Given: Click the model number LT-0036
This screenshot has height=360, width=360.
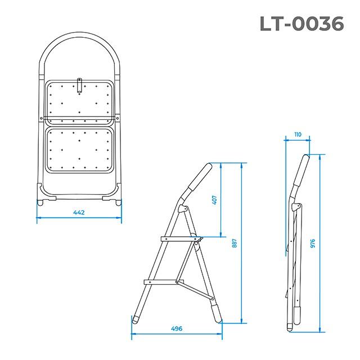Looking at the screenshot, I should [301, 23].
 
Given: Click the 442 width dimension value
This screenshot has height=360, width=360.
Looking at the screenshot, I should [79, 213].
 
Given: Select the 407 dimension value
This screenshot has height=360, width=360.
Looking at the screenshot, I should [214, 199].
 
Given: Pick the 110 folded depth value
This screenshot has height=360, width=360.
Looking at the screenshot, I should [297, 135].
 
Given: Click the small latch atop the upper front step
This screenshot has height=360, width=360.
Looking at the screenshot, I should [79, 85].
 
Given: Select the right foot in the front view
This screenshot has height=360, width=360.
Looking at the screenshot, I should [118, 201].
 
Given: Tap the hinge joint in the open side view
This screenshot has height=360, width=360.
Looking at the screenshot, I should [181, 209].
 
